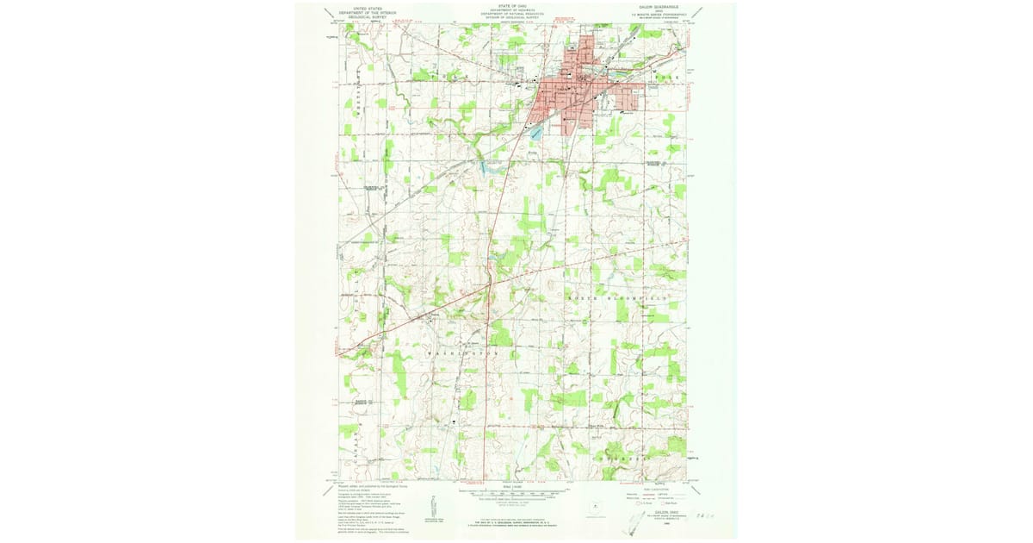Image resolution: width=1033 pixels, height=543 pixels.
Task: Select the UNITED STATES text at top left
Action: tap(362, 5)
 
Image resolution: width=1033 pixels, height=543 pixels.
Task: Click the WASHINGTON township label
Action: tap(468, 353)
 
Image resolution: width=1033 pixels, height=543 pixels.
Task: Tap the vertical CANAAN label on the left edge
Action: tap(355, 448)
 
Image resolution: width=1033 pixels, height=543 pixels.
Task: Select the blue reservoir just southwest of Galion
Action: tap(535, 134)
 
